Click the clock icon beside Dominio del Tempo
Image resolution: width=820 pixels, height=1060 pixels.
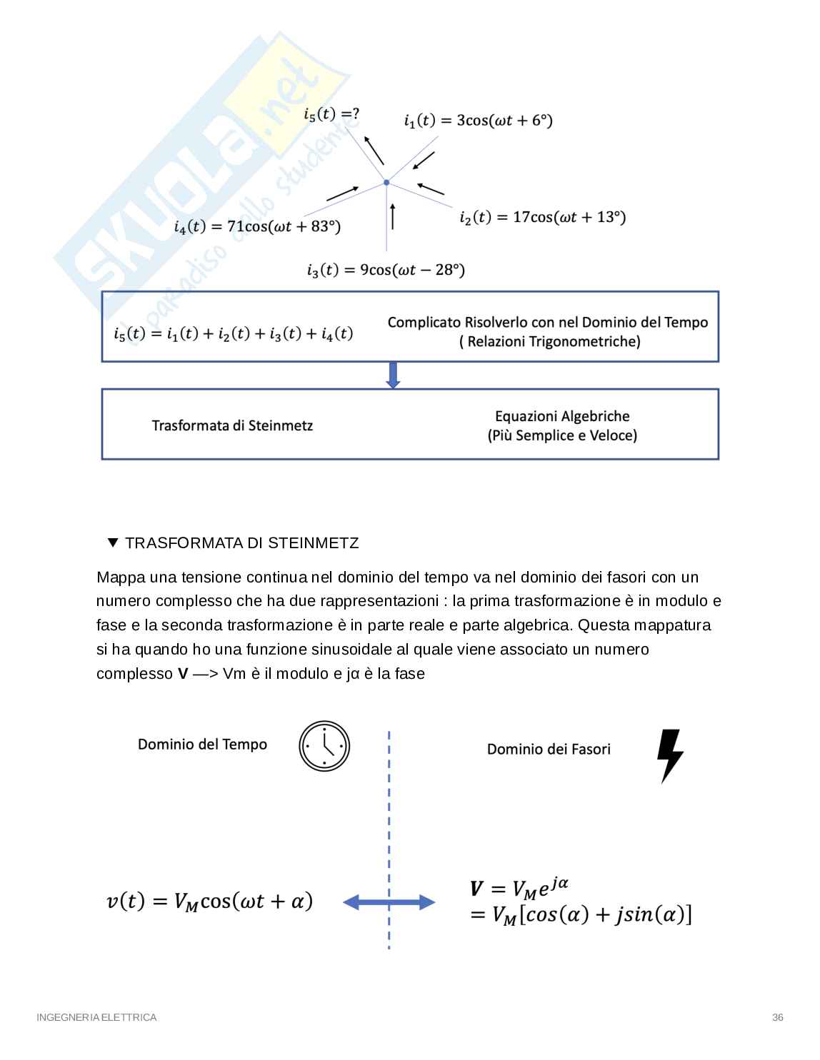(x=324, y=746)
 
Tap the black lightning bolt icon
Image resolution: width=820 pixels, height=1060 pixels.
(x=669, y=755)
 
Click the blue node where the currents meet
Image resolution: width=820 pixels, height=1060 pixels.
(x=386, y=183)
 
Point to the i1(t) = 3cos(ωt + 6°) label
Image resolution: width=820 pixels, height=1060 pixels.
(x=478, y=120)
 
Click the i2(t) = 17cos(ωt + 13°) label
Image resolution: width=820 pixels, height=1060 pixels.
(x=542, y=217)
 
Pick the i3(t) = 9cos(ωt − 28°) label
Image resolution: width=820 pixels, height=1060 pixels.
(x=386, y=270)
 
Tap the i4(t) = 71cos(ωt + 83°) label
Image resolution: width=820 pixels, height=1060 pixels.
(x=257, y=226)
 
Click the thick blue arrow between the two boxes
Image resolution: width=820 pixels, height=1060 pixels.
(x=393, y=375)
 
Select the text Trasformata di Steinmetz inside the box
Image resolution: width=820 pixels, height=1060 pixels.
(x=232, y=425)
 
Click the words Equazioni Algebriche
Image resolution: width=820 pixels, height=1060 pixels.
(x=562, y=416)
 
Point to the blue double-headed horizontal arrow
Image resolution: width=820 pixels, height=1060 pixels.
(x=389, y=902)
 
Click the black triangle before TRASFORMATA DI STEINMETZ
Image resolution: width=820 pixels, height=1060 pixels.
(x=112, y=543)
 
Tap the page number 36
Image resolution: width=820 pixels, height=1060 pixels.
(x=778, y=1017)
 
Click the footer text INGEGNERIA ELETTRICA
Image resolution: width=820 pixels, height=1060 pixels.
(x=96, y=1017)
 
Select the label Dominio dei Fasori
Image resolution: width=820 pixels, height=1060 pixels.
(x=549, y=749)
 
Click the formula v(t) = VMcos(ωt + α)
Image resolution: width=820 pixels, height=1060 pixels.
(x=209, y=902)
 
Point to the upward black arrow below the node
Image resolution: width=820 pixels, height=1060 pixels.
(x=392, y=216)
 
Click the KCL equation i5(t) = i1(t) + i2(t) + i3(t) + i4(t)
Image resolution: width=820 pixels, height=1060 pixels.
(x=233, y=333)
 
